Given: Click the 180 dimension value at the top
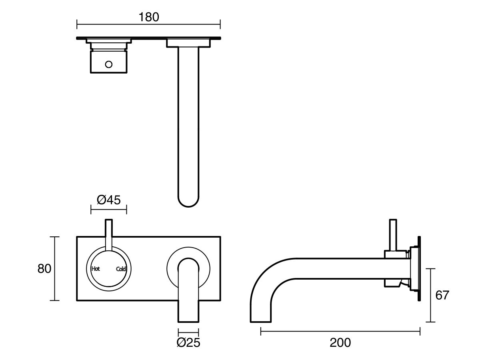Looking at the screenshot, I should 148,17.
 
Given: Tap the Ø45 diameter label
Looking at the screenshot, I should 108,200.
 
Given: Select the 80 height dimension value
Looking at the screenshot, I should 44,268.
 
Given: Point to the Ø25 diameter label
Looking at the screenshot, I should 188,342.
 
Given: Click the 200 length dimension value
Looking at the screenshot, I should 340,342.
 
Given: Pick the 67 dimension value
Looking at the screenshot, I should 442,295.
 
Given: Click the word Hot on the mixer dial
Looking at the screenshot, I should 96,269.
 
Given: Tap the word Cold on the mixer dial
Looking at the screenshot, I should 121,269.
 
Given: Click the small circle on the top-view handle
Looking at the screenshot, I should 109,64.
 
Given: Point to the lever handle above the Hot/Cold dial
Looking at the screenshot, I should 109,234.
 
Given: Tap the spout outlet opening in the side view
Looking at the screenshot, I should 261,321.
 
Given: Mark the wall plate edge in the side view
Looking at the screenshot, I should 419,268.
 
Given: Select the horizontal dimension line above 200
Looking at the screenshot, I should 340,331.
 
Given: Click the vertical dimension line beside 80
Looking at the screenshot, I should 55,268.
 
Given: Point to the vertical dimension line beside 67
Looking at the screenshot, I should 430,295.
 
